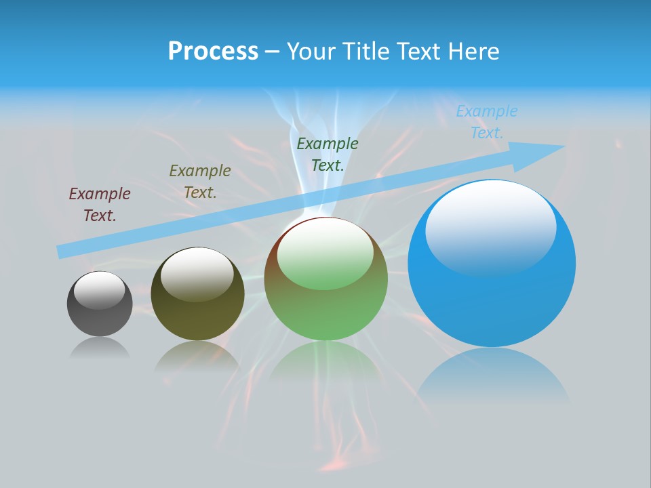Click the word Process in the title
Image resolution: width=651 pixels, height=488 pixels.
pyautogui.click(x=213, y=52)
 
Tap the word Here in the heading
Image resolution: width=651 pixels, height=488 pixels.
pyautogui.click(x=473, y=52)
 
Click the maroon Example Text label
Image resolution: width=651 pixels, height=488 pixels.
pyautogui.click(x=100, y=205)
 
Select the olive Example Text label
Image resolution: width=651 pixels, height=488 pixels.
pyautogui.click(x=200, y=182)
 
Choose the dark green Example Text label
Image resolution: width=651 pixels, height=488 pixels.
pyautogui.click(x=328, y=155)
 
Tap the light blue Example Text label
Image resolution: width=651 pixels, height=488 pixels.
pyautogui.click(x=487, y=122)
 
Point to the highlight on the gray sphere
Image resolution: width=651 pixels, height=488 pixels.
pyautogui.click(x=100, y=289)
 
